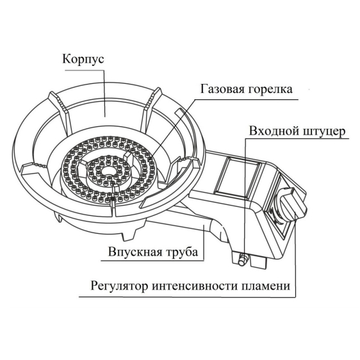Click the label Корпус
coord(83,59)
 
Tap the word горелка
coord(270,90)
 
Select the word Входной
coord(274,131)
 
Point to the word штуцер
coord(324,132)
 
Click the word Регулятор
coord(119,286)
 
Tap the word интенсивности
coord(194,286)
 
